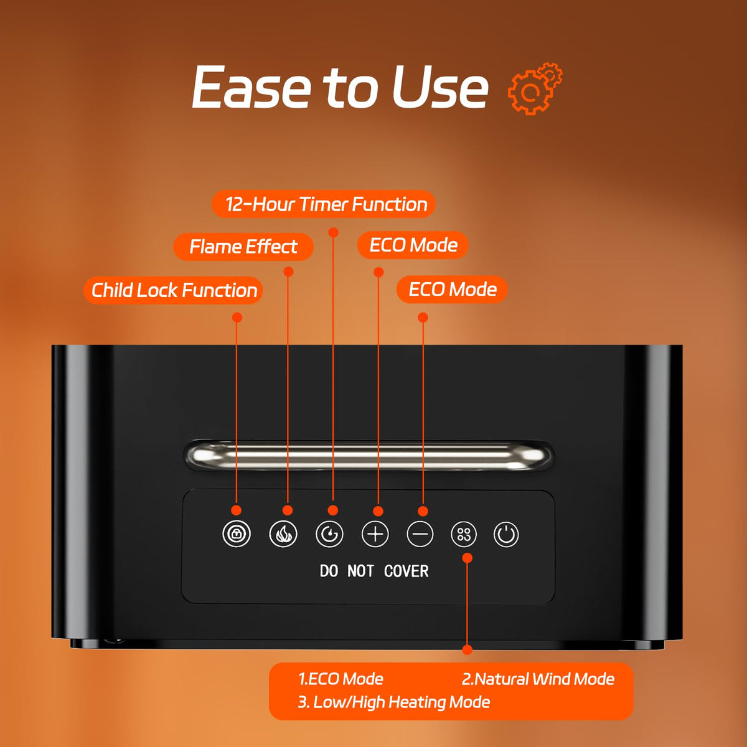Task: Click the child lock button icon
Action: tap(237, 533)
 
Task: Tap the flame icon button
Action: tap(283, 533)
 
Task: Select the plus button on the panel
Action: tap(375, 533)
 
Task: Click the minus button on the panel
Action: tap(420, 533)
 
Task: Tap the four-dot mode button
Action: tap(464, 533)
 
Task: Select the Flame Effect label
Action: tap(243, 247)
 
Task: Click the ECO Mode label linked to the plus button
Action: tap(413, 245)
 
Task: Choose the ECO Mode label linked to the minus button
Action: tap(452, 289)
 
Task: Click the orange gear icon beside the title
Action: tap(535, 88)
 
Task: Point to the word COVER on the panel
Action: tap(406, 571)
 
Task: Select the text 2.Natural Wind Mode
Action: tap(538, 679)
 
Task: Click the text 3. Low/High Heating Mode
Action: tap(394, 702)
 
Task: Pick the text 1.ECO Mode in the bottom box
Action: tap(341, 679)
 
